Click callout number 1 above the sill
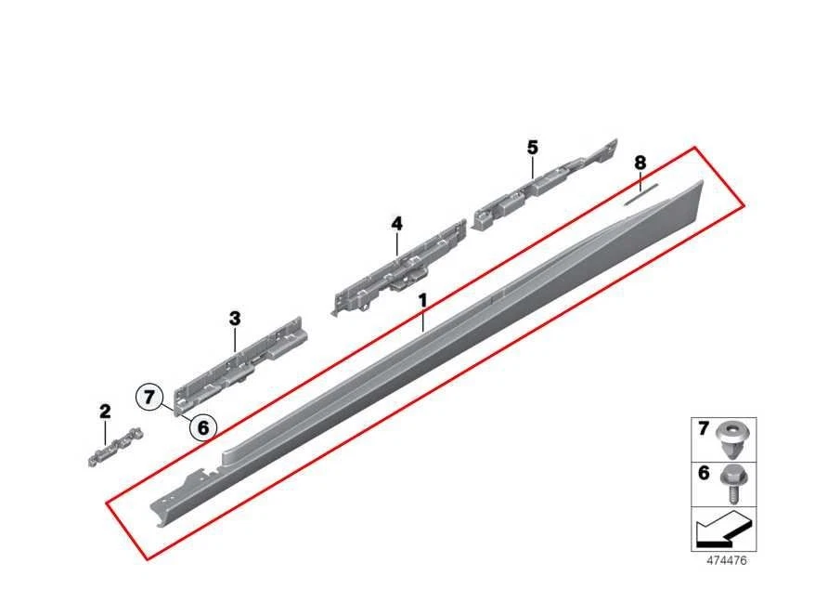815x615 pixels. [x=422, y=301]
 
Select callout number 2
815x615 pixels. [x=105, y=411]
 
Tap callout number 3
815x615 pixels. [x=235, y=319]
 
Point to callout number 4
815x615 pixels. [x=396, y=224]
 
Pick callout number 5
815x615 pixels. [x=532, y=147]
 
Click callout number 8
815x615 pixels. [x=640, y=164]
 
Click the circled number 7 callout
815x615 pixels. [x=150, y=398]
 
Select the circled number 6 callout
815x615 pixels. [x=203, y=427]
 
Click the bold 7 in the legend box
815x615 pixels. [x=704, y=429]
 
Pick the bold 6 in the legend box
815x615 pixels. [x=704, y=474]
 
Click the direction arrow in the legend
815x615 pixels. [x=721, y=531]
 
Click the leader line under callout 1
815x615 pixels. [x=422, y=321]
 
